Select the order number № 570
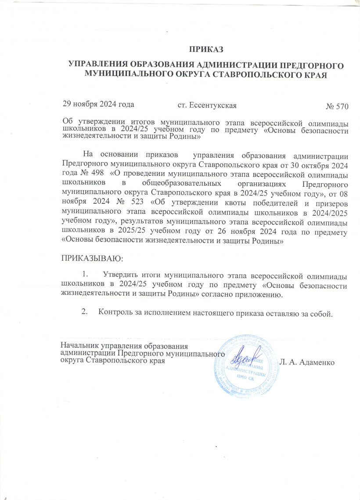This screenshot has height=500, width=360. pyautogui.click(x=337, y=107)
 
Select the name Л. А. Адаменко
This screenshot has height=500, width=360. pyautogui.click(x=307, y=363)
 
